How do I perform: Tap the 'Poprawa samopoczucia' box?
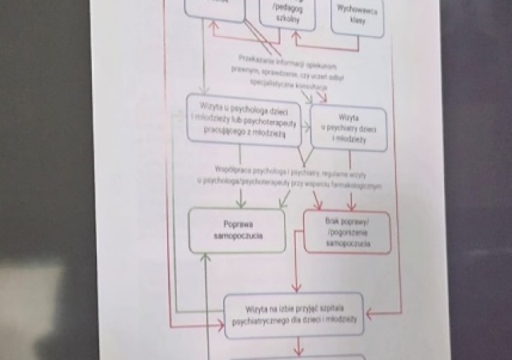coord(236,230)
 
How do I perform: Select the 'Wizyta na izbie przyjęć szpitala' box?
coord(294,314)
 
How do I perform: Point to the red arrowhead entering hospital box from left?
coord(220,322)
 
